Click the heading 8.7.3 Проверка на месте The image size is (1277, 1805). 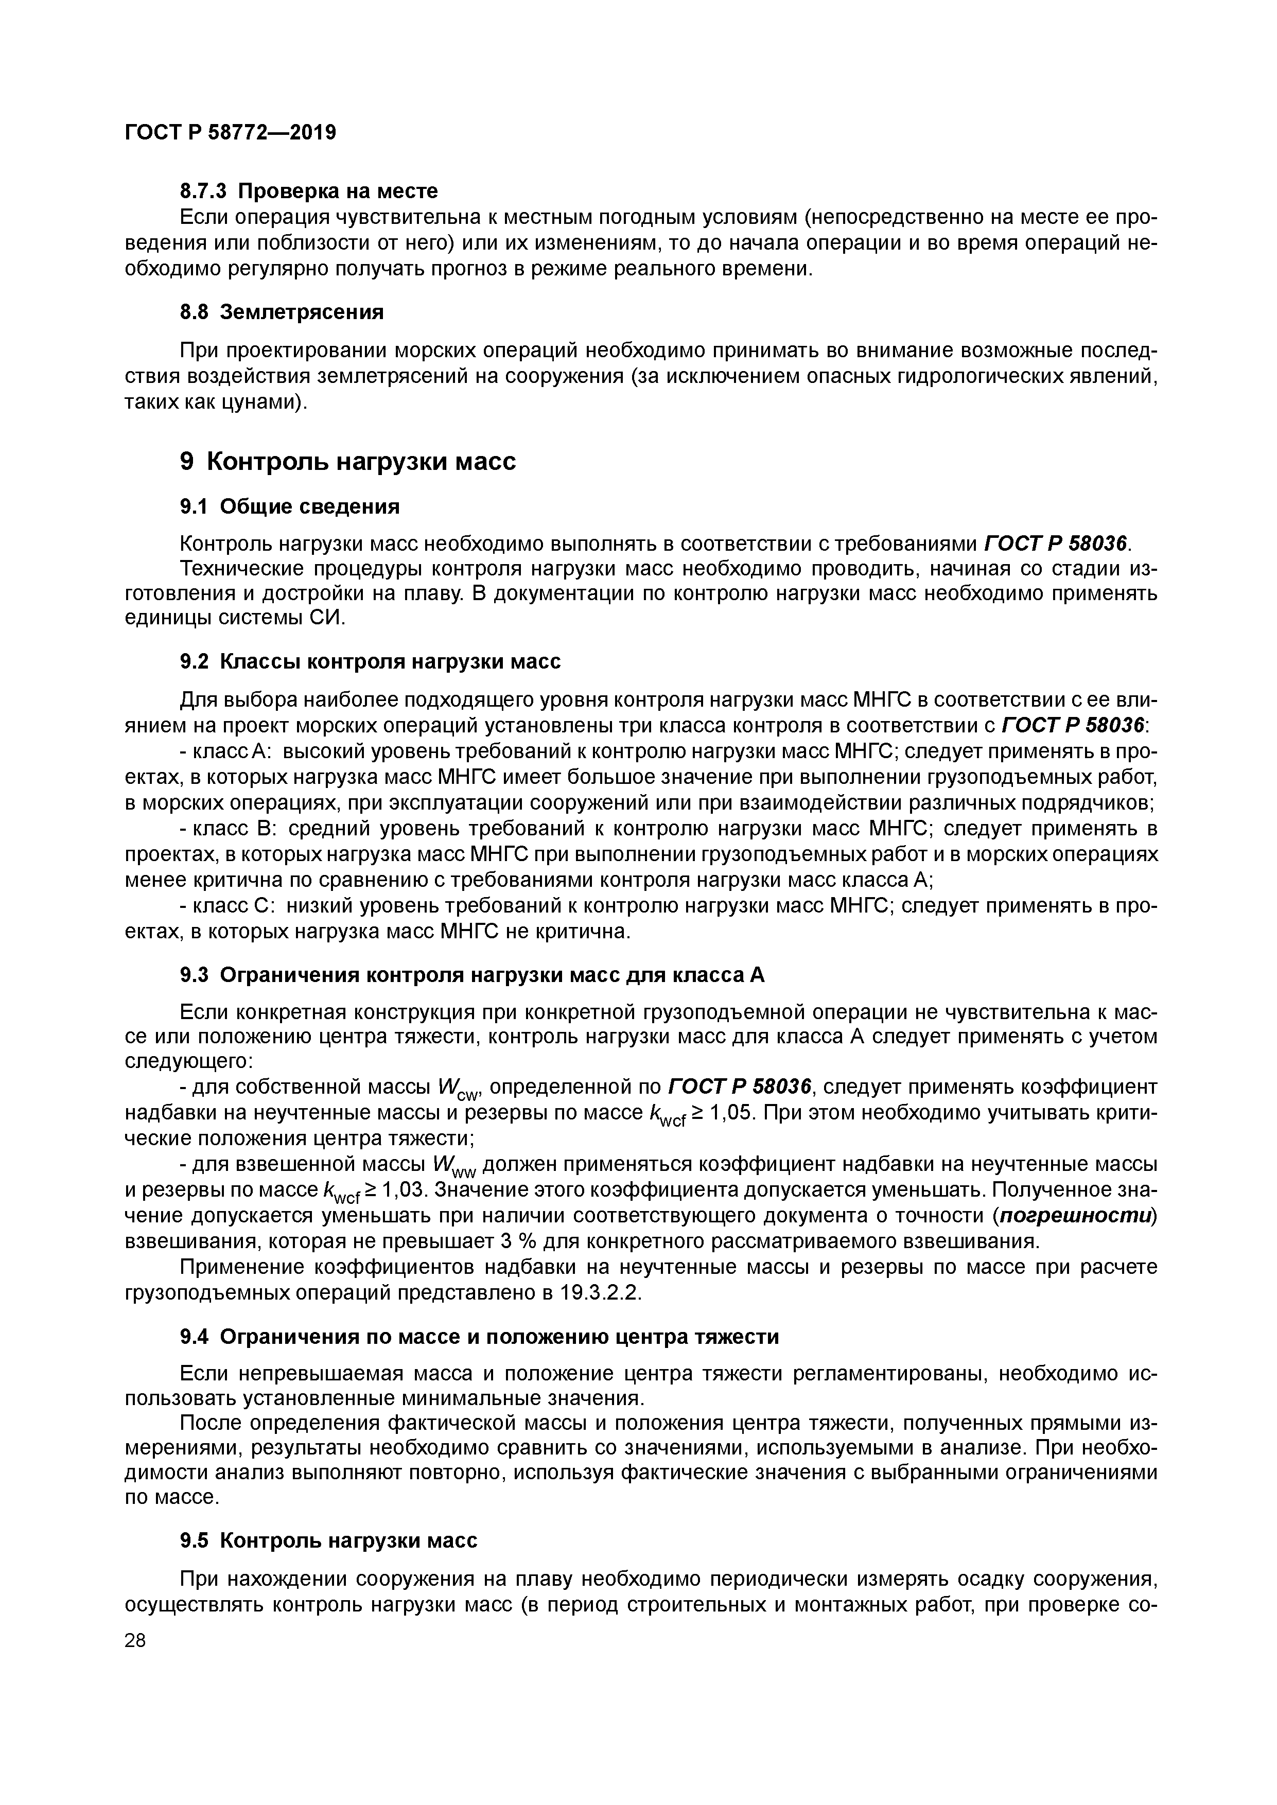pos(308,191)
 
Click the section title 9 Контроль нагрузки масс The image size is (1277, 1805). pos(347,462)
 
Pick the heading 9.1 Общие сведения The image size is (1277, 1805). pos(289,507)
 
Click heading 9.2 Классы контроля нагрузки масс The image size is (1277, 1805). pos(370,662)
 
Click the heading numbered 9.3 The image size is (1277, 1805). pos(472,976)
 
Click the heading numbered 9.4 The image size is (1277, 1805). pos(479,1337)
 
